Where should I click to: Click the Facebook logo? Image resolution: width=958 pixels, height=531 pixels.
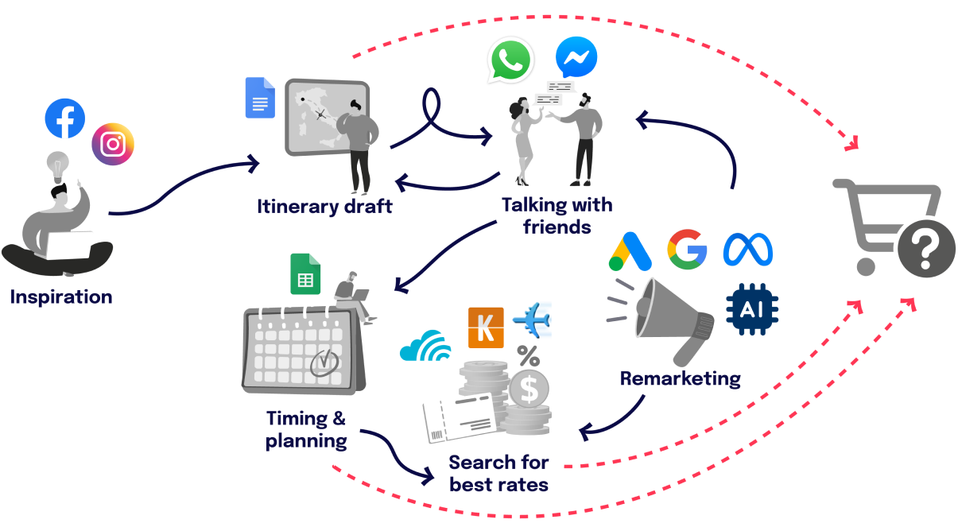click(64, 118)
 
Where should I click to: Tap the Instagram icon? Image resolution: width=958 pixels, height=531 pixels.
click(113, 144)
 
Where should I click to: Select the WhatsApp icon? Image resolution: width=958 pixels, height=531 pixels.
click(510, 59)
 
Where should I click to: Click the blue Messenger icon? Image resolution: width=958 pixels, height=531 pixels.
click(576, 58)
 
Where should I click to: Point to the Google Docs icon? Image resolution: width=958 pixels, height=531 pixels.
click(259, 98)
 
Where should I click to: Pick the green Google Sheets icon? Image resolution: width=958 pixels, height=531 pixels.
click(305, 273)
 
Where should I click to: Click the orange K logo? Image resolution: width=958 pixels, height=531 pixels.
click(486, 327)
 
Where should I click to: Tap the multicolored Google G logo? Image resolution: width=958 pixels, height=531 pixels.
click(687, 249)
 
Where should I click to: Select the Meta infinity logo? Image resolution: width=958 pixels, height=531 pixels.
click(747, 250)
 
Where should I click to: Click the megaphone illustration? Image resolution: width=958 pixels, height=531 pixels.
click(670, 318)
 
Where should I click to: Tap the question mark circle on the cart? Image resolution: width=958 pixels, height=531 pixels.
click(926, 250)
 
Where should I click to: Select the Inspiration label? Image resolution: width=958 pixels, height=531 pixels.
click(61, 297)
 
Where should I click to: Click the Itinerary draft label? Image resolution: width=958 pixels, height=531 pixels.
click(324, 207)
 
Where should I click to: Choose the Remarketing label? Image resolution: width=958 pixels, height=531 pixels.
click(681, 378)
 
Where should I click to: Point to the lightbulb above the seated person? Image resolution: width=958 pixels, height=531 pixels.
click(58, 165)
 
